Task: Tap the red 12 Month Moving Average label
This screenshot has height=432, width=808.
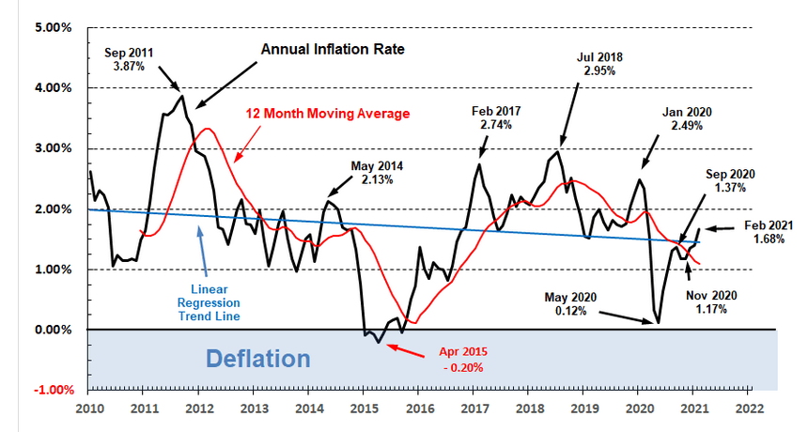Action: click(328, 114)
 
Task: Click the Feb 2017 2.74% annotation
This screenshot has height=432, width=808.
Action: click(496, 117)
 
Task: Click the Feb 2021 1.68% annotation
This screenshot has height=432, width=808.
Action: click(770, 232)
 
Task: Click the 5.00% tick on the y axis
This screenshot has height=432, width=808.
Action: click(53, 27)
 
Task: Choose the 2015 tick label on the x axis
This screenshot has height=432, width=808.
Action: click(364, 409)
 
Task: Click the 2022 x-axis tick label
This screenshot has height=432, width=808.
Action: click(748, 409)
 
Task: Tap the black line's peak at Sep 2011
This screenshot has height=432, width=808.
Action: click(182, 95)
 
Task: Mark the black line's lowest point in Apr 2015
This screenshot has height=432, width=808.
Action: click(379, 343)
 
